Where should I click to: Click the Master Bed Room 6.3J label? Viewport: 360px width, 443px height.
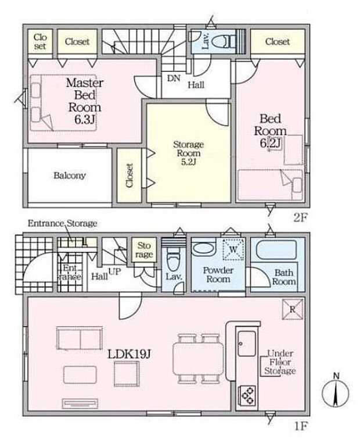(x=85, y=101)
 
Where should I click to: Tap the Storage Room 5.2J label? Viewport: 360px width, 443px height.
(x=188, y=153)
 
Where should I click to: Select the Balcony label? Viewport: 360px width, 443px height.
(x=70, y=175)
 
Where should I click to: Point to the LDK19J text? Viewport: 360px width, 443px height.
(x=129, y=353)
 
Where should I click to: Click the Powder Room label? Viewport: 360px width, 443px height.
(x=218, y=274)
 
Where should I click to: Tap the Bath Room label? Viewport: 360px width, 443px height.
(x=284, y=277)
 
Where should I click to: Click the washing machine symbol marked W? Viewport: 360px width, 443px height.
(x=233, y=249)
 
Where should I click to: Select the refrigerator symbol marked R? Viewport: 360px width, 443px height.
(x=293, y=309)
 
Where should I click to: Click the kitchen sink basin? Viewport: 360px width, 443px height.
(x=247, y=344)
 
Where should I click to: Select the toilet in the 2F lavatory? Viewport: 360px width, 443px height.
(x=223, y=41)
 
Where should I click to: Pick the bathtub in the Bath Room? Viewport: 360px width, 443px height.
(x=276, y=250)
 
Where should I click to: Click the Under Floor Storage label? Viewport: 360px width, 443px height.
(x=280, y=362)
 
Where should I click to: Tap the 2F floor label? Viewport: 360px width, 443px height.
(x=300, y=217)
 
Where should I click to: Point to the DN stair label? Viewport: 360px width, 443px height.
(x=174, y=78)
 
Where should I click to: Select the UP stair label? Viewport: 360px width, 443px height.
(x=114, y=272)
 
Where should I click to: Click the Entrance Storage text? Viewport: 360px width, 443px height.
(x=62, y=223)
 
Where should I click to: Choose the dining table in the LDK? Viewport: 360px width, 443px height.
(x=199, y=359)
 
